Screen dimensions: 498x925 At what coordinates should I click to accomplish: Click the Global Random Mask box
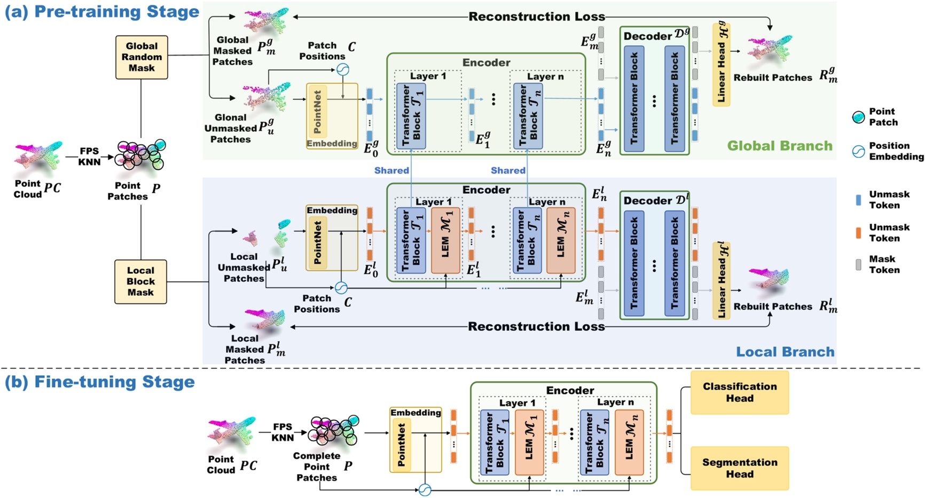pyautogui.click(x=142, y=57)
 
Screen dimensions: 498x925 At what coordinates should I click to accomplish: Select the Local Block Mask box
pyautogui.click(x=140, y=282)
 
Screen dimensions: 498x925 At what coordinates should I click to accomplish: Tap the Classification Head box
pyautogui.click(x=740, y=393)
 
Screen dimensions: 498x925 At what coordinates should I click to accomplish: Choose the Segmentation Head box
pyautogui.click(x=740, y=468)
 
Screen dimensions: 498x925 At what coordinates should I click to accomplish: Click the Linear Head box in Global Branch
pyautogui.click(x=721, y=64)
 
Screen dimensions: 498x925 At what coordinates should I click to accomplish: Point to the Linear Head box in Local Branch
pyautogui.click(x=721, y=281)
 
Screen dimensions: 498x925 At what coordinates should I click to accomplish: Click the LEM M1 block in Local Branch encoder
pyautogui.click(x=445, y=241)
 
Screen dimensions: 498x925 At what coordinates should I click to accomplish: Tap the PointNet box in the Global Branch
pyautogui.click(x=317, y=112)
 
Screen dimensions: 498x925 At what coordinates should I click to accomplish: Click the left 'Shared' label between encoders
pyautogui.click(x=391, y=170)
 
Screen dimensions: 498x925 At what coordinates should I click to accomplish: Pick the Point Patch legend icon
pyautogui.click(x=858, y=117)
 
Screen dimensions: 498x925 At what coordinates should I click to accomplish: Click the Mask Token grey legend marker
pyautogui.click(x=858, y=265)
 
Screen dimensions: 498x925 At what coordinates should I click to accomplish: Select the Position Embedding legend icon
pyautogui.click(x=858, y=152)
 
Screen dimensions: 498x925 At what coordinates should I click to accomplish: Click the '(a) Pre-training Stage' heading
pyautogui.click(x=101, y=12)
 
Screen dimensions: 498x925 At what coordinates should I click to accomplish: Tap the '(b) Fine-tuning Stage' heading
pyautogui.click(x=100, y=382)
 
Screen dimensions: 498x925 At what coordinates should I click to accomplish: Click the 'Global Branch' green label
pyautogui.click(x=779, y=146)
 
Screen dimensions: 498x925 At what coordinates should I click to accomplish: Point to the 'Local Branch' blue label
pyautogui.click(x=785, y=352)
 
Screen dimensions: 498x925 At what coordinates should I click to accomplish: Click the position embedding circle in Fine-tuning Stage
pyautogui.click(x=425, y=489)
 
